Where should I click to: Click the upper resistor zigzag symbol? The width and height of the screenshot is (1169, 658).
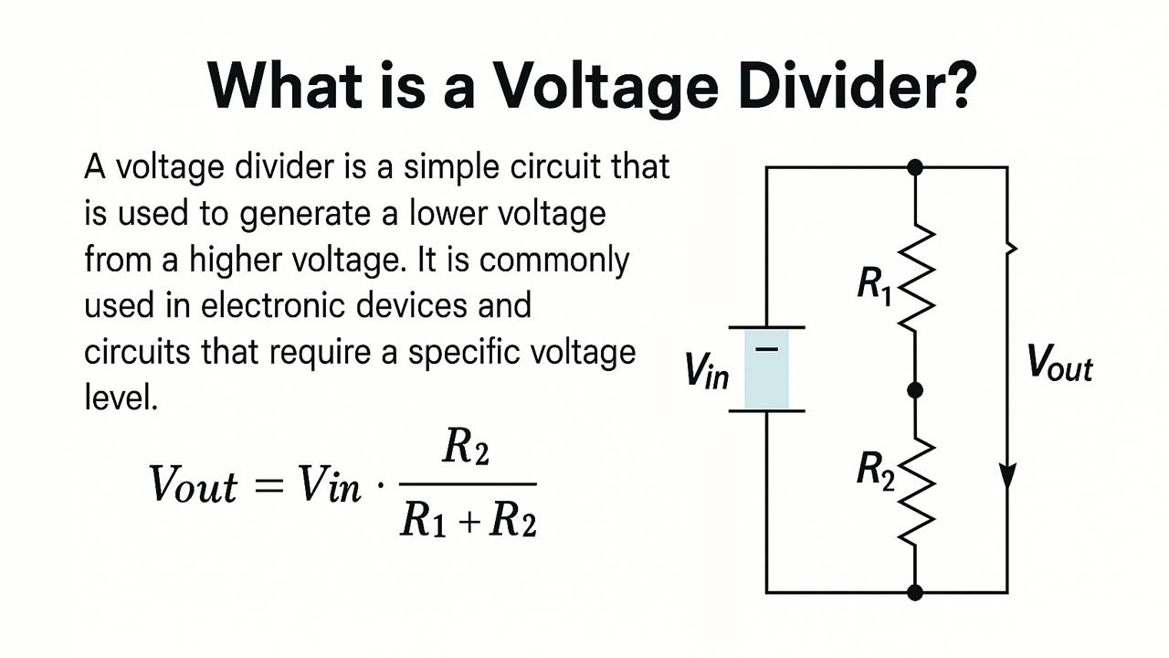[916, 278]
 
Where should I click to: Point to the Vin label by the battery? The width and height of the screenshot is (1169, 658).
[707, 369]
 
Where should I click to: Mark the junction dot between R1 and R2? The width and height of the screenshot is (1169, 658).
[916, 390]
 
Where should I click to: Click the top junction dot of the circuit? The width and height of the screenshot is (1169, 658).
[916, 167]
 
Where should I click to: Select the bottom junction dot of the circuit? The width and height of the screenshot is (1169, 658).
[916, 592]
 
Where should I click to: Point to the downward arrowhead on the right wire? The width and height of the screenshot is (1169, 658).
[1007, 476]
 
